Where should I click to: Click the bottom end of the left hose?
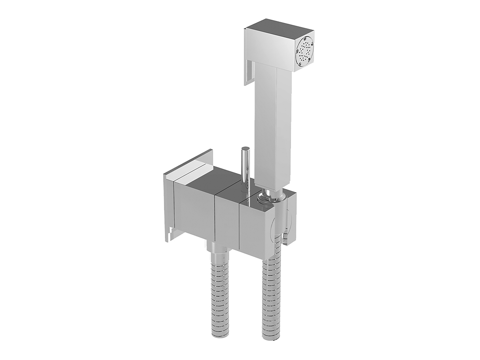(x=222, y=347)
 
